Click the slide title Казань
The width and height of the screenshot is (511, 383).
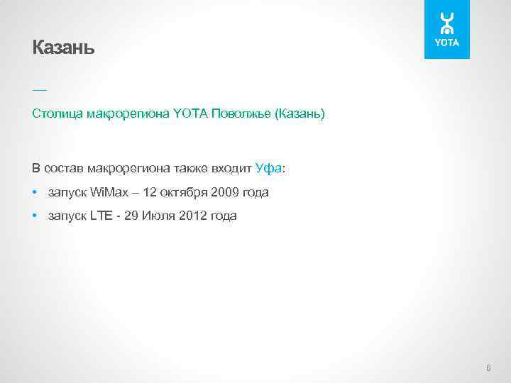point(62,48)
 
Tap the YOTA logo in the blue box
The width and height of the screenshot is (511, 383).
point(446,29)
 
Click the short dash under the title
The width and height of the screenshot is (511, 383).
point(39,89)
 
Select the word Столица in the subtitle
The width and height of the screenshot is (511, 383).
point(57,114)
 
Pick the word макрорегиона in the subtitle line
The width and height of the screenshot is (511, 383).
point(127,114)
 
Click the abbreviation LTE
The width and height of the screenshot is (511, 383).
point(100,216)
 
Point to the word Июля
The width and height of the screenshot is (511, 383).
point(158,216)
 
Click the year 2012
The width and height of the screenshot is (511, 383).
point(192,216)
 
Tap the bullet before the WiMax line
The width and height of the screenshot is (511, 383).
point(35,193)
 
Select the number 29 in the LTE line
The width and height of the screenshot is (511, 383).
point(131,216)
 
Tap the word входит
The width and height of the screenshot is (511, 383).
point(230,168)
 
